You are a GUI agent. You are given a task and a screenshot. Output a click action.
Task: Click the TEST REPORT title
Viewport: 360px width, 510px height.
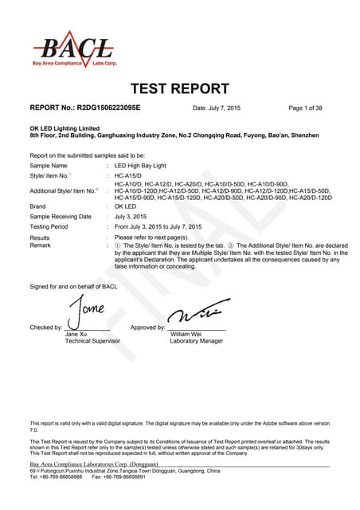tap(178, 88)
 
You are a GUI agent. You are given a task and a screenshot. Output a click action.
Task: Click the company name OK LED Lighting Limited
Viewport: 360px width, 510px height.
tap(65, 128)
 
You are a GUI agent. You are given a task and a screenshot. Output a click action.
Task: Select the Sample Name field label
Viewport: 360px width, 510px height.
tap(49, 165)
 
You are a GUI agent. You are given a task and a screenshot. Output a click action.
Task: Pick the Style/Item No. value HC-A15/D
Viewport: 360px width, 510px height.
tap(127, 174)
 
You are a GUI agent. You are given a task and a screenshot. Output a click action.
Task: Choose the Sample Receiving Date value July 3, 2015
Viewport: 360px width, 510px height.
tap(131, 216)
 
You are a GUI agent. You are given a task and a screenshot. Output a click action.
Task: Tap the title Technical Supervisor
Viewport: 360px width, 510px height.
tap(92, 340)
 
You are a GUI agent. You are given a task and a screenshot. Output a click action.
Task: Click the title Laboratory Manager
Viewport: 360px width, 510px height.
tap(197, 340)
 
